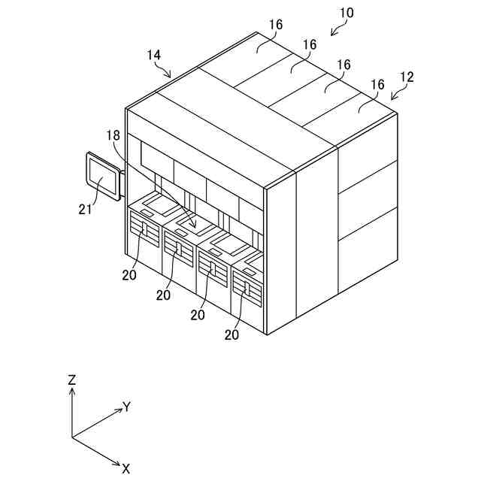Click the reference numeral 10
point(346,13)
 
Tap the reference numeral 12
point(407,77)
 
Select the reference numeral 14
point(153,55)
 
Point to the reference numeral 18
point(113,135)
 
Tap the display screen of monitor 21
point(102,177)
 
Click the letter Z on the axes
point(72,380)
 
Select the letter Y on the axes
point(127,407)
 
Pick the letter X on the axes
point(126,468)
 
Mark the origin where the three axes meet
point(72,437)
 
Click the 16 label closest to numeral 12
point(377,84)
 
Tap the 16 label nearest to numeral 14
point(276,25)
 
